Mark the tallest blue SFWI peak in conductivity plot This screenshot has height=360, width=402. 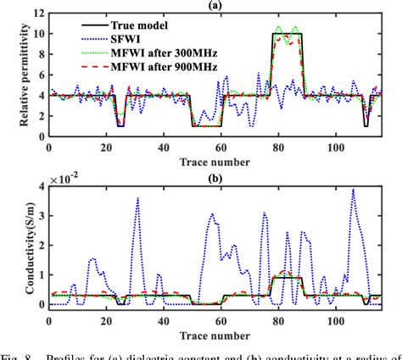(x=352, y=190)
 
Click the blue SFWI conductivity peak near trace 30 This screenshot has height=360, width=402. (x=137, y=198)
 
